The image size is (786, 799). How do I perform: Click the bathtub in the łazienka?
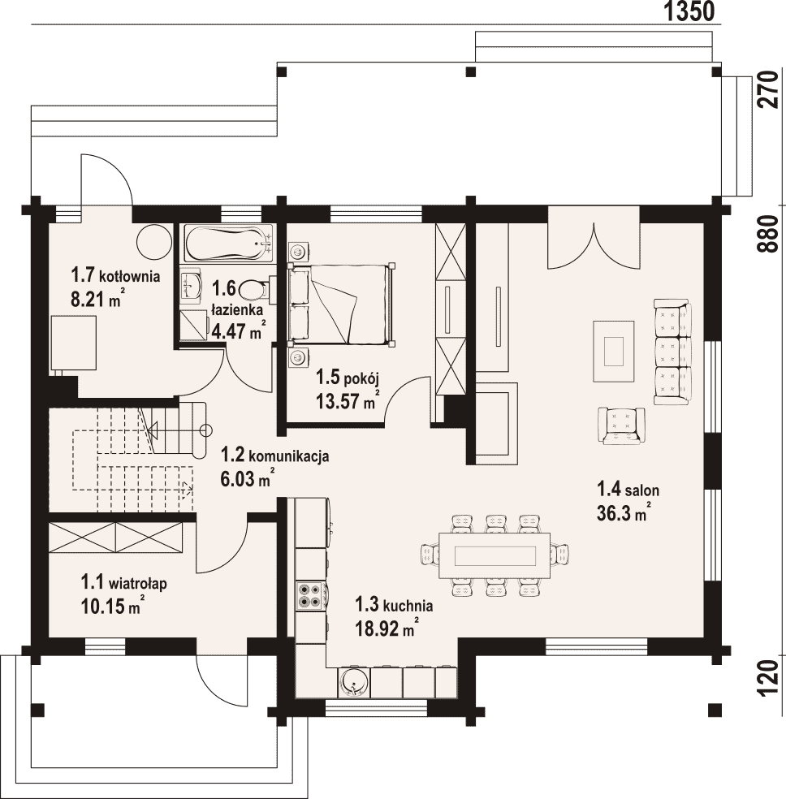coord(229,244)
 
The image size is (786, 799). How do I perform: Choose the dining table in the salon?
coord(494,555)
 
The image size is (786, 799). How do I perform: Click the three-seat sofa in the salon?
coord(672,352)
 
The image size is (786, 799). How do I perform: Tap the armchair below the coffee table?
coord(621,425)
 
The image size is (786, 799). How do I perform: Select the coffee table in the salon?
coord(614,351)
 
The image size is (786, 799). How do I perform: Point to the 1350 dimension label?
coord(689,11)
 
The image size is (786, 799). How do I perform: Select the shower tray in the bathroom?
coord(193,327)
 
